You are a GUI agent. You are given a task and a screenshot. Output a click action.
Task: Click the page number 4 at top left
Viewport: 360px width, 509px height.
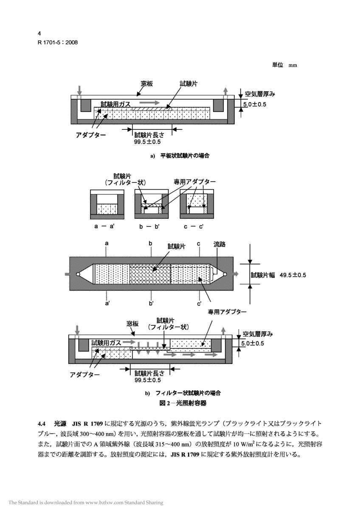pos(39,34)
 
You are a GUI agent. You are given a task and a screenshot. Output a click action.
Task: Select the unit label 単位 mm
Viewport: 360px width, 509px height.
pos(284,65)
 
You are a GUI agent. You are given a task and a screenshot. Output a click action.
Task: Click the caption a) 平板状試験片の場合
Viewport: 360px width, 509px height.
pos(180,156)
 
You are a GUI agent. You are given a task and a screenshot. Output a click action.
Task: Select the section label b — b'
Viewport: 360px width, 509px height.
pos(151,226)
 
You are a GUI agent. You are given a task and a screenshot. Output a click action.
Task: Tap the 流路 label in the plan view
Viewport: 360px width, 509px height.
pos(219,245)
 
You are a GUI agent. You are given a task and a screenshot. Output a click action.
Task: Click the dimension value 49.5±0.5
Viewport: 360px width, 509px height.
pos(292,275)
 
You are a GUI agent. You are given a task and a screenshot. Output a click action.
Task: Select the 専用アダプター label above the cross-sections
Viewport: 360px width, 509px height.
pos(194,182)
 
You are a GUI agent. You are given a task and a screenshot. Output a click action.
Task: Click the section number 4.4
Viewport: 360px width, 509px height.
pos(42,424)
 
